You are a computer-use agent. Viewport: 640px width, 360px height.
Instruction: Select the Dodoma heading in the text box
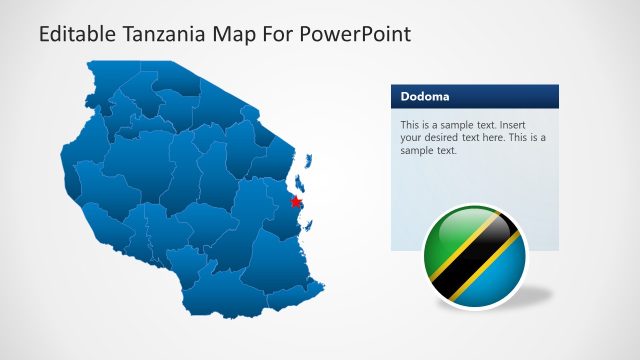(x=424, y=97)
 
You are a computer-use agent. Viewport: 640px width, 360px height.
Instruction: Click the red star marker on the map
(x=295, y=201)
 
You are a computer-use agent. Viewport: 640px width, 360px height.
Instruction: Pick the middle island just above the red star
(x=300, y=182)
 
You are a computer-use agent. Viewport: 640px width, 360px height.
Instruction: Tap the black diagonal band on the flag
(x=473, y=255)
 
